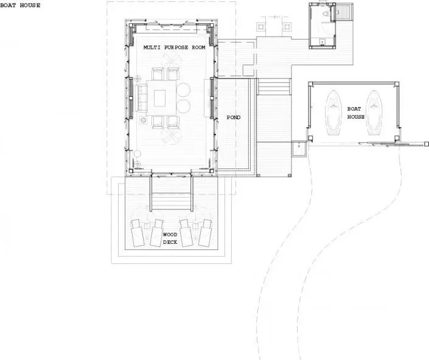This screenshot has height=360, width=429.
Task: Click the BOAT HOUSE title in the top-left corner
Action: pos(20,5)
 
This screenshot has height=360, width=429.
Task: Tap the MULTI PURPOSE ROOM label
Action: pos(174,47)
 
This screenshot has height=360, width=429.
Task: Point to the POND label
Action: pos(234,117)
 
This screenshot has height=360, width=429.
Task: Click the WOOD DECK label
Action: pos(170,238)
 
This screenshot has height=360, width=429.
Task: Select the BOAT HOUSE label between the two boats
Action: pos(356,112)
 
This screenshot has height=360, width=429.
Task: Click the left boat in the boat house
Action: pos(333,112)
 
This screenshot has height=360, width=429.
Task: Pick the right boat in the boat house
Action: pos(374,112)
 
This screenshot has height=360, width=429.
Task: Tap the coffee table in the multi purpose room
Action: pos(160,98)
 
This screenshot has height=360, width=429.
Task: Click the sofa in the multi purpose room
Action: pos(141,98)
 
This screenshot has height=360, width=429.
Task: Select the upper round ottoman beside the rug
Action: pos(183,90)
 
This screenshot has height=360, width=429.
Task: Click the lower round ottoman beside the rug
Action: pos(183,106)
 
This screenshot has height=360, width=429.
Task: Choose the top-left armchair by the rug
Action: pos(158,74)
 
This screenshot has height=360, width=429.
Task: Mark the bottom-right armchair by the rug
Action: pos(173,122)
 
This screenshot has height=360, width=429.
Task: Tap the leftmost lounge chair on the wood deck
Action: pos(138,233)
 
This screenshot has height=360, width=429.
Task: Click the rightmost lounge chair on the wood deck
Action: pos(206,233)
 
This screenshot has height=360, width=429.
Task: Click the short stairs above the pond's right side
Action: pos(274,86)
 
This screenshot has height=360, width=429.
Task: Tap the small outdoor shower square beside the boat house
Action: pos(299,148)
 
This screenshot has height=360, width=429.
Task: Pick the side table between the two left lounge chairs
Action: pos(147,226)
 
